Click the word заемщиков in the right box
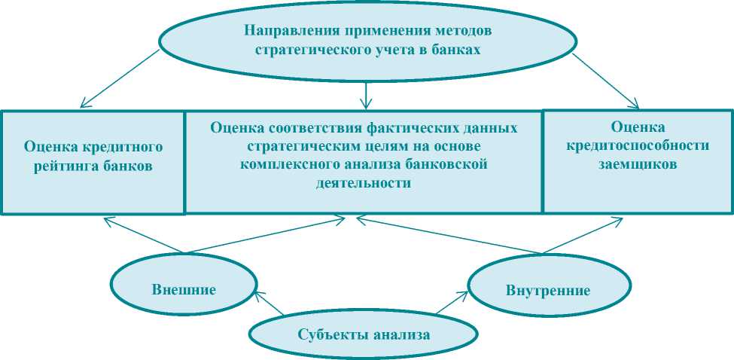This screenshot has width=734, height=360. (638, 163)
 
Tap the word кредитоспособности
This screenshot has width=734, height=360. (638, 145)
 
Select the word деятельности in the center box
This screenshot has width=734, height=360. (364, 182)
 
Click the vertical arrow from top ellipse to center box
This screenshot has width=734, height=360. (365, 92)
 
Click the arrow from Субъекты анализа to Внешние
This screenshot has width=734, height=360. (270, 304)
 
